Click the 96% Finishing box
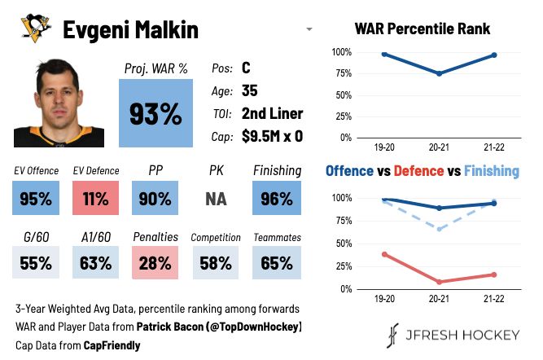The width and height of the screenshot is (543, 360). [277, 198]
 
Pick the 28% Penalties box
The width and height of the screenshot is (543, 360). [155, 263]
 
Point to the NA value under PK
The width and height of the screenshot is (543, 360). [216, 199]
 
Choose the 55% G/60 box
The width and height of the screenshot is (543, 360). [36, 263]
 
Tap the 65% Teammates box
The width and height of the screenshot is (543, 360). [277, 263]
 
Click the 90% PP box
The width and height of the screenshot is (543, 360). [155, 198]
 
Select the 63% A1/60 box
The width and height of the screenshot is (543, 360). [95, 263]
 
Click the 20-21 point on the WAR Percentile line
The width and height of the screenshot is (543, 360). [440, 73]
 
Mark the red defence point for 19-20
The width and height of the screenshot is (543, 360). [383, 254]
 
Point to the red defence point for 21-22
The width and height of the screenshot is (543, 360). [494, 274]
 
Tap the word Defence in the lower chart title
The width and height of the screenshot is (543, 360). [419, 171]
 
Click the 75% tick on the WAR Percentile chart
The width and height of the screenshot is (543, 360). [340, 73]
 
